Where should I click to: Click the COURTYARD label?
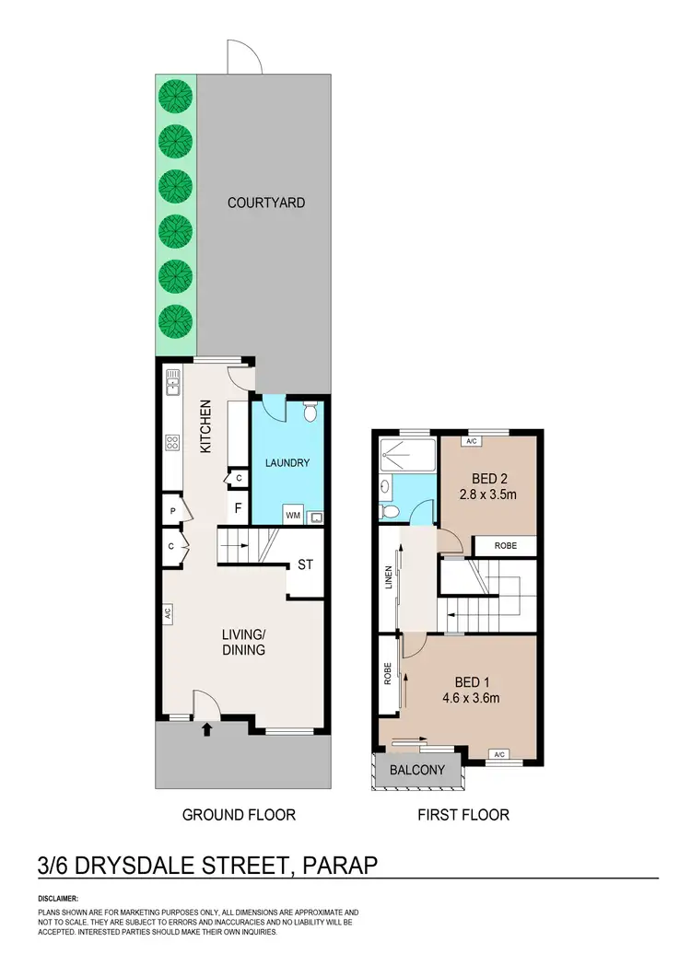click(x=266, y=203)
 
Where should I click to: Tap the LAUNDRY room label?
click(x=287, y=463)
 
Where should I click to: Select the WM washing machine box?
click(x=292, y=515)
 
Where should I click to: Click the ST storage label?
click(x=304, y=565)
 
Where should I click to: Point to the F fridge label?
click(x=238, y=507)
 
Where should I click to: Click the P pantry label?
click(x=172, y=509)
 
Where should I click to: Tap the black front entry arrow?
click(x=206, y=730)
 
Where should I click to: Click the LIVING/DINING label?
click(x=243, y=642)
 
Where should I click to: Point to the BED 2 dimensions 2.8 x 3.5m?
click(x=487, y=495)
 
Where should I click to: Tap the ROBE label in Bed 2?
click(x=506, y=546)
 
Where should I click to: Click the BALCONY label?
click(x=417, y=770)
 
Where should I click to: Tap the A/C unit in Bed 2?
click(x=471, y=442)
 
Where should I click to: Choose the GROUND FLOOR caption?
click(x=239, y=814)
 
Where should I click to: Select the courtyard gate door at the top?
click(x=245, y=60)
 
